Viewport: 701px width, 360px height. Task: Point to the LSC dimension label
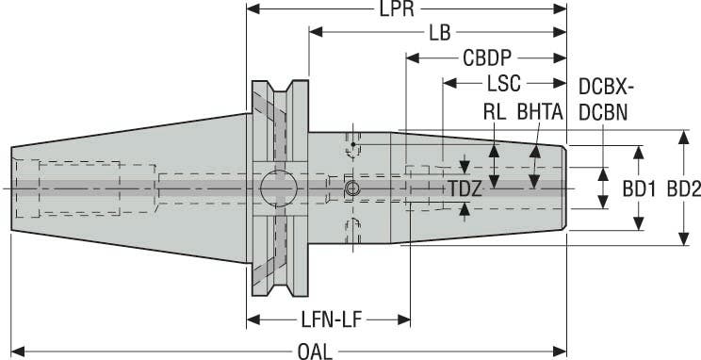pyautogui.click(x=505, y=83)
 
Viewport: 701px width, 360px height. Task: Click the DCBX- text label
pyautogui.click(x=607, y=87)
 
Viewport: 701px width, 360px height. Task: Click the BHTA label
pyautogui.click(x=539, y=110)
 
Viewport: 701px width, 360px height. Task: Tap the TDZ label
pyautogui.click(x=465, y=189)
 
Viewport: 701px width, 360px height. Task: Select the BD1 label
pyautogui.click(x=639, y=189)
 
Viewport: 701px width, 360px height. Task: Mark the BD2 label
pyautogui.click(x=682, y=189)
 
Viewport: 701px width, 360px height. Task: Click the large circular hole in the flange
pyautogui.click(x=278, y=188)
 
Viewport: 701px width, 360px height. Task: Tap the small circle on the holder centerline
pyautogui.click(x=352, y=189)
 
